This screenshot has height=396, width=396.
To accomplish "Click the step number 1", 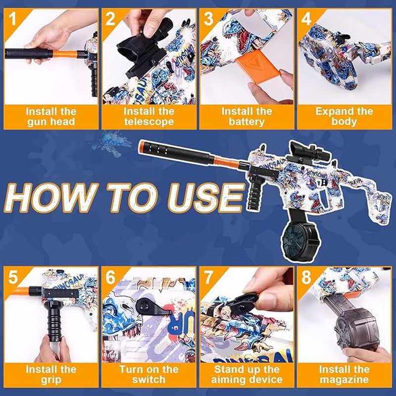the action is coord(12,18).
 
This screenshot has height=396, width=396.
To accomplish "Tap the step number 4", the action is coord(306,18).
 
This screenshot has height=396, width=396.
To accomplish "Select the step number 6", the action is coord(110,277).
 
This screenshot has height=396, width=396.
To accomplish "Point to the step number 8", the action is coord(306,277).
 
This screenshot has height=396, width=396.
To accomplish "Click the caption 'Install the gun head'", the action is coord(51,117).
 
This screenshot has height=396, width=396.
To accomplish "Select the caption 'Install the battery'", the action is coord(247,117).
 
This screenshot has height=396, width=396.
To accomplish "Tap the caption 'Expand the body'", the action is coord(344,117).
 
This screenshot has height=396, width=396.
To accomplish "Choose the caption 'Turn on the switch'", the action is coord(149,375).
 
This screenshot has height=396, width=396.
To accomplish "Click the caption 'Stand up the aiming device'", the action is coord(247,375).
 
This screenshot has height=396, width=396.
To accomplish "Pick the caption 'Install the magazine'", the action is coord(344,375).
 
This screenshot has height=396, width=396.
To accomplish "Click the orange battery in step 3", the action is coord(258,66).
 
